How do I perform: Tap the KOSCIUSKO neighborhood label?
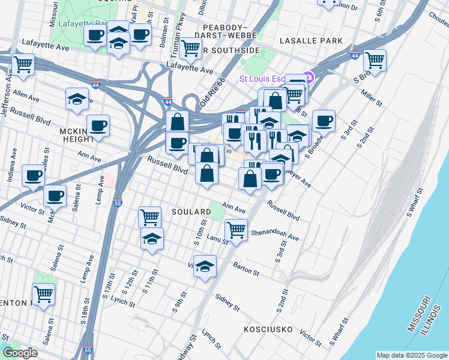pos(268,329)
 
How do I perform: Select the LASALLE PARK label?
pos(311,41)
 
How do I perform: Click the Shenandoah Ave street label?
pos(274,235)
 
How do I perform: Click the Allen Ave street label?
pos(26,96)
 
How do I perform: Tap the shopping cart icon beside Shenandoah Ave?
pos(237,230)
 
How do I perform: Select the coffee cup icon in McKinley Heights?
pos(98,127)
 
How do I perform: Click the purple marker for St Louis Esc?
pos(309,77)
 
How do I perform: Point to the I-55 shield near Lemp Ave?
pos(118,203)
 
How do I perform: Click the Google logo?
pos(20,353)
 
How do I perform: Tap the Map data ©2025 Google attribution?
pos(411,355)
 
